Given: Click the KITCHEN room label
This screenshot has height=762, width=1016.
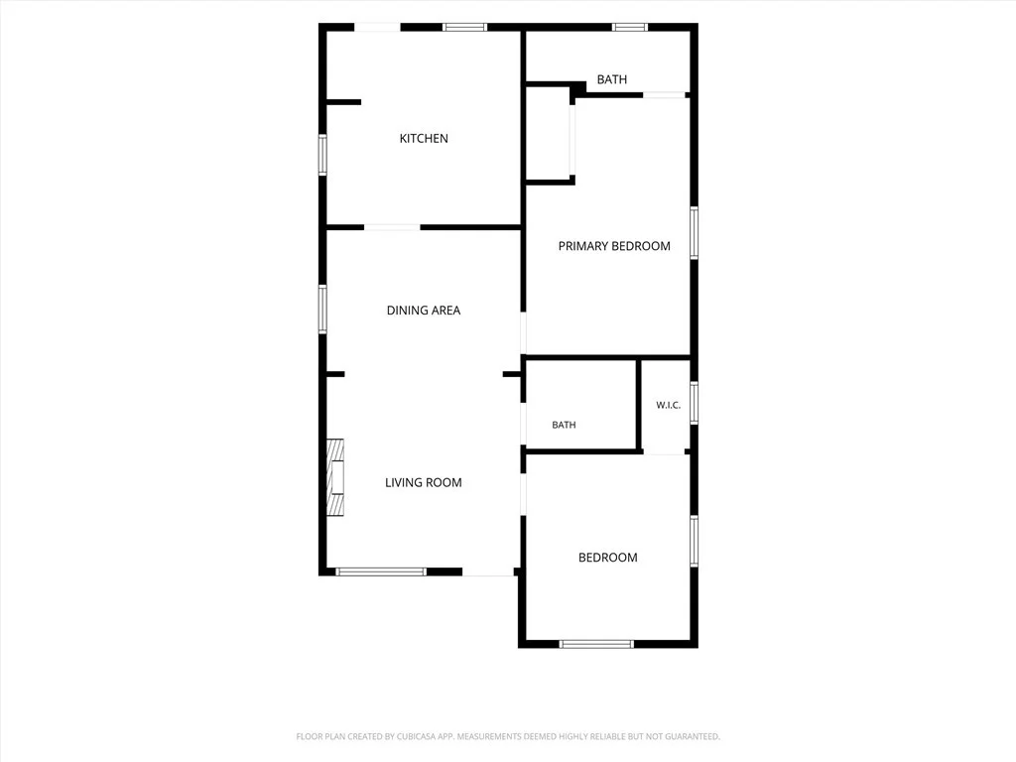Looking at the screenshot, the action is pyautogui.click(x=424, y=138).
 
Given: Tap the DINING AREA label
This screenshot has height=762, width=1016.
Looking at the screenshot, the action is pyautogui.click(x=424, y=311).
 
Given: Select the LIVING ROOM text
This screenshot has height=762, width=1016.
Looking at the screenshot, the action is pyautogui.click(x=424, y=483).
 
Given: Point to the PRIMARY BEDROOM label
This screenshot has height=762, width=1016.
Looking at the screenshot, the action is pyautogui.click(x=614, y=246).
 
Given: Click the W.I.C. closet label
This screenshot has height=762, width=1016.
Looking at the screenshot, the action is pyautogui.click(x=668, y=405).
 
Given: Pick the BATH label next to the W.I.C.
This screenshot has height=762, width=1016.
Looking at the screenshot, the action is pyautogui.click(x=564, y=425).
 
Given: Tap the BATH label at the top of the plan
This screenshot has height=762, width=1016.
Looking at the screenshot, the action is pyautogui.click(x=611, y=79).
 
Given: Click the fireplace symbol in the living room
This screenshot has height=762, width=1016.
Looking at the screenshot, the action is pyautogui.click(x=335, y=477).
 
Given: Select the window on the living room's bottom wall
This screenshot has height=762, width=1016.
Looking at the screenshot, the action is pyautogui.click(x=381, y=571).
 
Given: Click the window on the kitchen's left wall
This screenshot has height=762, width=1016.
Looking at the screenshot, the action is pyautogui.click(x=322, y=154).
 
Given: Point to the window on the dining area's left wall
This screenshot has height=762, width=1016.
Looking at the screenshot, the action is pyautogui.click(x=322, y=310).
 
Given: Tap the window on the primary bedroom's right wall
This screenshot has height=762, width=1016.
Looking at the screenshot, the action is pyautogui.click(x=694, y=232).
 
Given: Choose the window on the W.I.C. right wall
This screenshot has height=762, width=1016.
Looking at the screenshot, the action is pyautogui.click(x=694, y=403).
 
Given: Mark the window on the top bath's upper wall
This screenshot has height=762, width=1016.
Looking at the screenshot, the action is pyautogui.click(x=630, y=27).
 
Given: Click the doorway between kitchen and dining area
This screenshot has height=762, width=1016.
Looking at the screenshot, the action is pyautogui.click(x=392, y=227).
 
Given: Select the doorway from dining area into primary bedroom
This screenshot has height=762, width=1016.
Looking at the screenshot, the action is pyautogui.click(x=524, y=334).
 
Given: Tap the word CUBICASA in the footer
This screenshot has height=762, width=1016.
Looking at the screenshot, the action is pyautogui.click(x=420, y=737).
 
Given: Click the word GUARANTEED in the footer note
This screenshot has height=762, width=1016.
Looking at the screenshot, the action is pyautogui.click(x=694, y=737).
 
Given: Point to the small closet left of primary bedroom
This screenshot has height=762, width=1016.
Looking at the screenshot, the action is pyautogui.click(x=548, y=133).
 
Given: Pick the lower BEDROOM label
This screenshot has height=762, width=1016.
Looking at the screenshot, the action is pyautogui.click(x=608, y=558).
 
